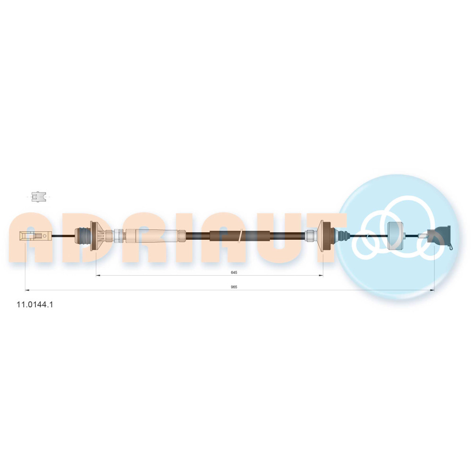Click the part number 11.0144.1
[x=34, y=304]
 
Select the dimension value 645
[x=234, y=272]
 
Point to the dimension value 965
[x=234, y=287]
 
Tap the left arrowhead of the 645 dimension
[x=98, y=275]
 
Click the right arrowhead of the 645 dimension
[x=321, y=275]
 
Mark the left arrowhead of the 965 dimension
[x=27, y=290]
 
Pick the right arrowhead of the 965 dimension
[x=432, y=290]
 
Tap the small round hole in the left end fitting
[x=45, y=236]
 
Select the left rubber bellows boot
[x=83, y=236]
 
